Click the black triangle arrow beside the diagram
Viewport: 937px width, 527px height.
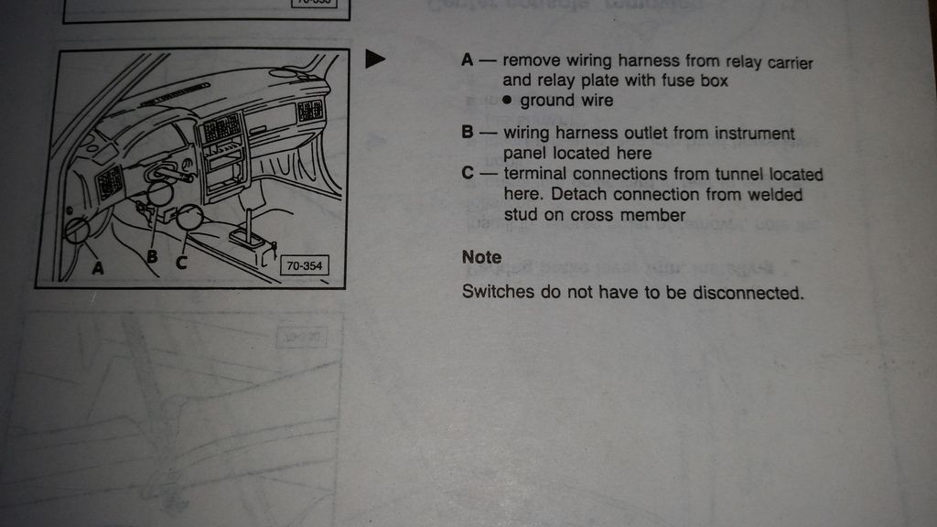coord(374,59)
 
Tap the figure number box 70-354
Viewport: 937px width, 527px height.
coord(304,266)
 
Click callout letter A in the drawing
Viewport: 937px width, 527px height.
coord(97,268)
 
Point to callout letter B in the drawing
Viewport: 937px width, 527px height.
coord(153,257)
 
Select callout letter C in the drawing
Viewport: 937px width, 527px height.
coord(181,262)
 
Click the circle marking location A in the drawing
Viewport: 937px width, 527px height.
coord(77,231)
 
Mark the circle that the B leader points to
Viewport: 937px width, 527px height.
coord(159,193)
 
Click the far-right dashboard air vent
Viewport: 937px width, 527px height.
coord(310,111)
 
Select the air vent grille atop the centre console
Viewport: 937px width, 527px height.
coord(222,127)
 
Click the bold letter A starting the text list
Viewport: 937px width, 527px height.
coord(468,59)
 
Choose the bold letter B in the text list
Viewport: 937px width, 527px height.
coord(468,132)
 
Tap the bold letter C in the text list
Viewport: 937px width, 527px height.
coord(468,173)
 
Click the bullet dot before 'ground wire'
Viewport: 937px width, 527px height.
coord(507,100)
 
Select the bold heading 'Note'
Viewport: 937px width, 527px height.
coord(481,257)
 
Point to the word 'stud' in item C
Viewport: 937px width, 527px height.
coord(521,214)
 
